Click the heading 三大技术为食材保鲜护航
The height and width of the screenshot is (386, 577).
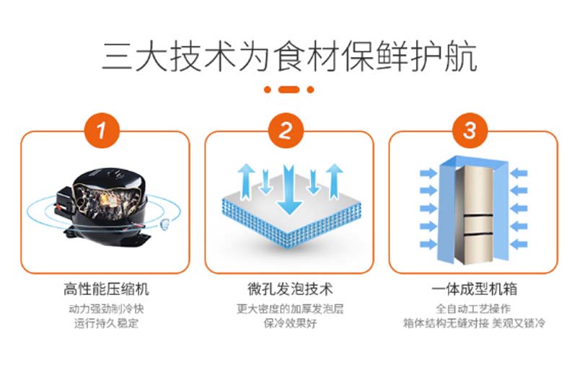[x=289, y=57]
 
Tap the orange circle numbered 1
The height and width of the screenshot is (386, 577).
[x=102, y=131]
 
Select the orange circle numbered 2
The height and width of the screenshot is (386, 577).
[x=286, y=131]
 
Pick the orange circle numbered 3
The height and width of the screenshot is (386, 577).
[x=470, y=131]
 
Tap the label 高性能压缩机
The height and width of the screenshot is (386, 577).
[x=106, y=289]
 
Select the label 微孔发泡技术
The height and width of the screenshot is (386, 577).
[x=290, y=289]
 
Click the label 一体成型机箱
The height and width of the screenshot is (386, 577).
[x=475, y=289]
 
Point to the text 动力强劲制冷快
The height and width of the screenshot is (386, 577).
[x=106, y=308]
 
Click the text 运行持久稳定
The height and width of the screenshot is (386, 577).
[x=106, y=323]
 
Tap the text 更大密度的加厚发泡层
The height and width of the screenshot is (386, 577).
[x=290, y=308]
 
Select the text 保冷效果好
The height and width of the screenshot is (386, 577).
[x=290, y=323]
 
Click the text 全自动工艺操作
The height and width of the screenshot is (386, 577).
[x=473, y=308]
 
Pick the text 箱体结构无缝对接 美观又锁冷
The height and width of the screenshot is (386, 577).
[x=474, y=323]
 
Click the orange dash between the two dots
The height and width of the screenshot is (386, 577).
[x=289, y=89]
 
